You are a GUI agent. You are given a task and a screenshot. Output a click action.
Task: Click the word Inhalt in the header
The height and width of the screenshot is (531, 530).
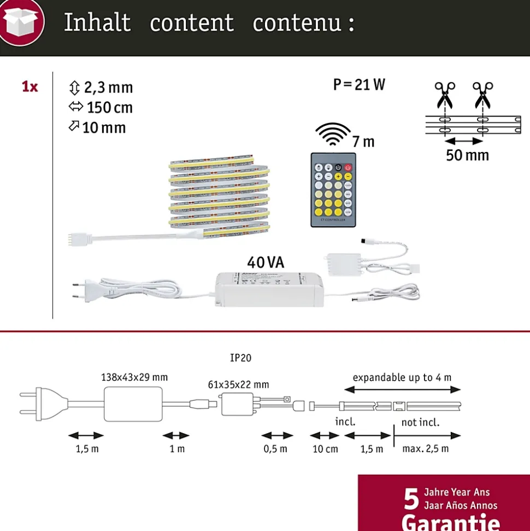click(97, 23)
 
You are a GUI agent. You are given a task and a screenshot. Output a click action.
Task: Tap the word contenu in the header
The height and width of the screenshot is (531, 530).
click(297, 23)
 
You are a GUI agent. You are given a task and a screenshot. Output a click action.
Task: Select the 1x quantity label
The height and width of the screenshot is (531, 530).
click(30, 86)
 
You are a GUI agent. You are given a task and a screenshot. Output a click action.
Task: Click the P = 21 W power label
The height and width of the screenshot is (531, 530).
click(359, 85)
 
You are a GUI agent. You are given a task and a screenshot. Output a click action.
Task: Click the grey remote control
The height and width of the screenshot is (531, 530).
click(333, 189)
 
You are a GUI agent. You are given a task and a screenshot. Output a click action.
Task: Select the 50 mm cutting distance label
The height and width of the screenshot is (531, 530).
click(467, 155)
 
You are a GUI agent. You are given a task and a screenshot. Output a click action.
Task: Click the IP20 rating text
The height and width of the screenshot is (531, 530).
click(240, 359)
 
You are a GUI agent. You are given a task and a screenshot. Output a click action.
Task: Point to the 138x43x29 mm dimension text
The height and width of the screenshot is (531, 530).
click(134, 377)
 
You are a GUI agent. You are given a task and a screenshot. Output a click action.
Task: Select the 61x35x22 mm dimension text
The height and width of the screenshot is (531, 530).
click(238, 385)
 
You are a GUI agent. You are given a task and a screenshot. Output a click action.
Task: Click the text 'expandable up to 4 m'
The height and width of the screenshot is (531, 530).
click(402, 377)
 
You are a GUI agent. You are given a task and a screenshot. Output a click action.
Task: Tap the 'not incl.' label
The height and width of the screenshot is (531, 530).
click(420, 422)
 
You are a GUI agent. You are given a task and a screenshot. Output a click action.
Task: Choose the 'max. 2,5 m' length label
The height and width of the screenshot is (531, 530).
click(426, 449)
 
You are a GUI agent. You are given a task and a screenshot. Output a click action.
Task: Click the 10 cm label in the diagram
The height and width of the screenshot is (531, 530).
click(325, 449)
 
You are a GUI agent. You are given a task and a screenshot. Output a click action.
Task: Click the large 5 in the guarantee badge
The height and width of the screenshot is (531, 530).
click(411, 498)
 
